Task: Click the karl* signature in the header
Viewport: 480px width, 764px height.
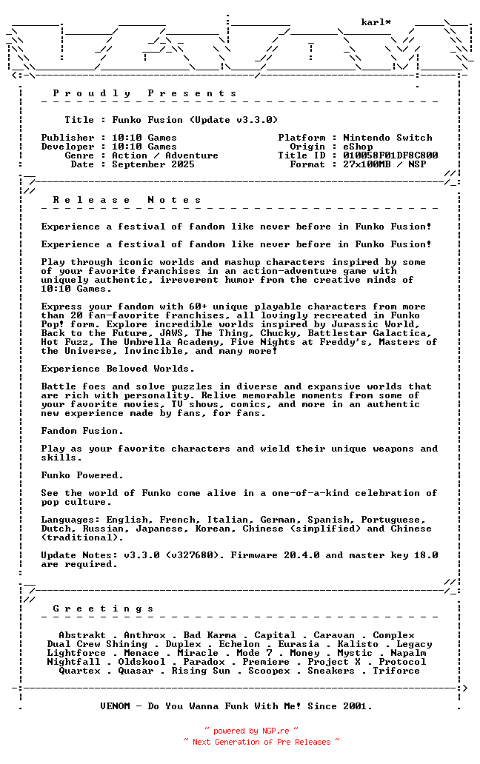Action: coord(376,22)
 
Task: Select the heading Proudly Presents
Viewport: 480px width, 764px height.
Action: coord(144,93)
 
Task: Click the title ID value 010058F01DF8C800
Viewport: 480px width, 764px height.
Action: coord(390,155)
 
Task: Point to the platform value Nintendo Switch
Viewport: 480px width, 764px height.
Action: coord(387,138)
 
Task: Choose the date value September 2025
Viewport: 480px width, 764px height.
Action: coord(153,164)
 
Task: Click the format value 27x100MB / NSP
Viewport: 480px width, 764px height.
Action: coord(384,164)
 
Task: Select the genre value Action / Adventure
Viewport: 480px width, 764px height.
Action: coord(165,155)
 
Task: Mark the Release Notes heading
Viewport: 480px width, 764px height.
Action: coord(127,200)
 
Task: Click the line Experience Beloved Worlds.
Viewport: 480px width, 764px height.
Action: coord(118,369)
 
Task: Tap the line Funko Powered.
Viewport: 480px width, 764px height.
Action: coord(82,475)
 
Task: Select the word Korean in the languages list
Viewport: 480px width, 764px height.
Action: coord(216,529)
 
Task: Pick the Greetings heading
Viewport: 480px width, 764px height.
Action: coord(103,609)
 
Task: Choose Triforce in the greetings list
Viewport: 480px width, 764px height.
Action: coord(396,671)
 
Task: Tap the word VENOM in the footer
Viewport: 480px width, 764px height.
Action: coord(115,706)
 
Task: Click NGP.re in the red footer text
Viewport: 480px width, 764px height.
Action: coord(276,731)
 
